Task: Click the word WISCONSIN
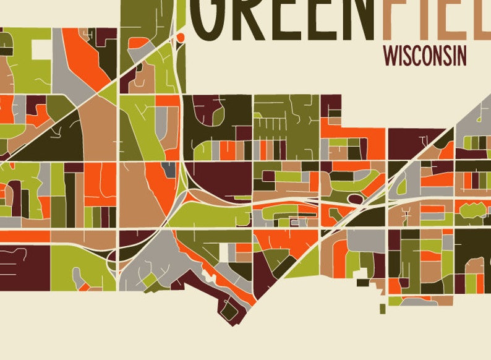(x=425, y=56)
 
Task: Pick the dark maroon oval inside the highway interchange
(x=356, y=199)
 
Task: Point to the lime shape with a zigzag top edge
(x=474, y=210)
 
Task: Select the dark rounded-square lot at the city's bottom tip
(x=229, y=312)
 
